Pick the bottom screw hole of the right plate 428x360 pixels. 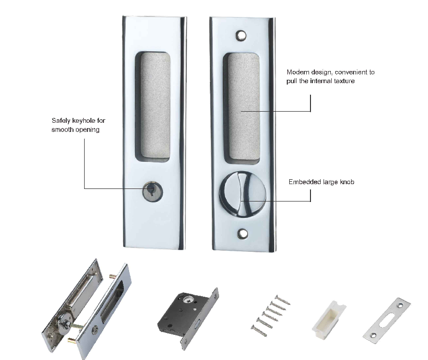pos(242,233)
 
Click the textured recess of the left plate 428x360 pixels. pos(152,106)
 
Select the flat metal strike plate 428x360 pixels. pos(386,319)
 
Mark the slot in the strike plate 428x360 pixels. pos(386,319)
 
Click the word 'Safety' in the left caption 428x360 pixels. pos(61,120)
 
